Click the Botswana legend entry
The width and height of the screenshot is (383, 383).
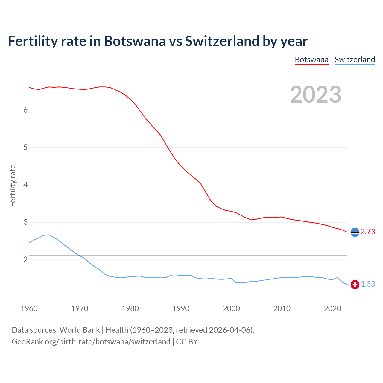(x=311, y=60)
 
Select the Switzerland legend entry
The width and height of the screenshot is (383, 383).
(x=355, y=60)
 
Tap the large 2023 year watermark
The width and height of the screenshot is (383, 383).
(x=316, y=95)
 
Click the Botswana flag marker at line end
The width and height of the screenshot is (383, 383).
(x=355, y=232)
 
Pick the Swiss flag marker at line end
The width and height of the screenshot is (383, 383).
(x=355, y=285)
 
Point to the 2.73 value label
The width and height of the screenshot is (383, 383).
(x=368, y=232)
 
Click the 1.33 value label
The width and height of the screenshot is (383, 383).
(x=368, y=284)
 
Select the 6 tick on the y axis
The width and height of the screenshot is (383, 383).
(x=25, y=110)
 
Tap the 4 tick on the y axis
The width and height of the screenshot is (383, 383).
(x=25, y=185)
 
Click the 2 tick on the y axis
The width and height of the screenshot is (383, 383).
(x=25, y=260)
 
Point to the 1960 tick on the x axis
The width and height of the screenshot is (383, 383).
(x=29, y=308)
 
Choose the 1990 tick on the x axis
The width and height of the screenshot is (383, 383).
(x=181, y=308)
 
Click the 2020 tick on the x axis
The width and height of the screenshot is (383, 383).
(x=332, y=308)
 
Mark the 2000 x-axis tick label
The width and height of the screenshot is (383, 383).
(x=231, y=308)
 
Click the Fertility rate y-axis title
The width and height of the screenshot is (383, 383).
(x=13, y=186)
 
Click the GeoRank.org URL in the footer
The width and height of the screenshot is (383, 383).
(x=91, y=342)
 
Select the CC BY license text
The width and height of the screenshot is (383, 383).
(x=187, y=342)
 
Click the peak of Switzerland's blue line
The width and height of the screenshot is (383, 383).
(x=49, y=235)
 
